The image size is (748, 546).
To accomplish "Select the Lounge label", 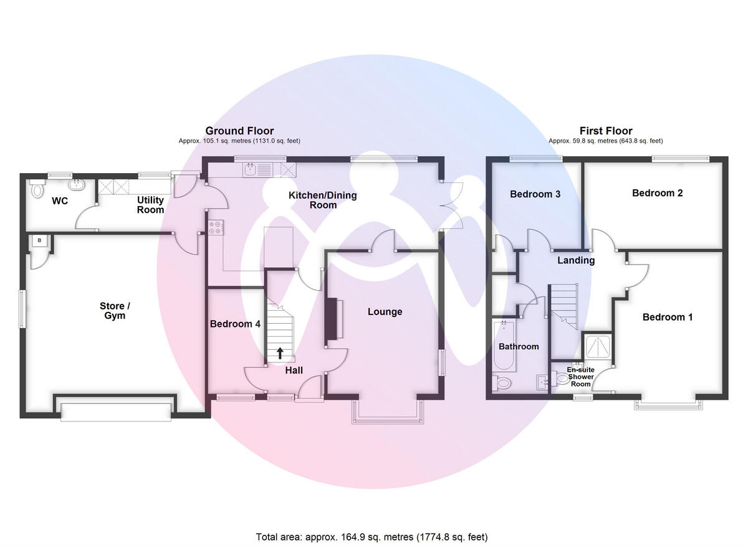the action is [385, 312].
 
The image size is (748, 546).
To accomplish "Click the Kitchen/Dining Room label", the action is [322, 200].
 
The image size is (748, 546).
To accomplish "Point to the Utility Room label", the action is [150, 205].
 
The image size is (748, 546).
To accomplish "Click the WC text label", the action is [60, 201].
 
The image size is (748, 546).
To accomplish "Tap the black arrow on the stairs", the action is [280, 353].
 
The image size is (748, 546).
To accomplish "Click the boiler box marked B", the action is [39, 240].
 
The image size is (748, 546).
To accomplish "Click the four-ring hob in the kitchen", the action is [216, 228].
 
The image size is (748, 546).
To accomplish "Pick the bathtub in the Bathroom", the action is [502, 346].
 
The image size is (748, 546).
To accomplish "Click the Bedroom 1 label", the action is [668, 318].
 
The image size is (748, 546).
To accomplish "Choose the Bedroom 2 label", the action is [657, 193].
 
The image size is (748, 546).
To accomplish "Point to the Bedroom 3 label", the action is [535, 194].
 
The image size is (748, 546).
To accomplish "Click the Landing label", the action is [576, 260].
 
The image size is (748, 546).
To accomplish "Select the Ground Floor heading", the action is [239, 131].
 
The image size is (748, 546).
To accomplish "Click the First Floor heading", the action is [606, 131].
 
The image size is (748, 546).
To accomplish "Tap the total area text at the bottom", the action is [372, 537].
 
